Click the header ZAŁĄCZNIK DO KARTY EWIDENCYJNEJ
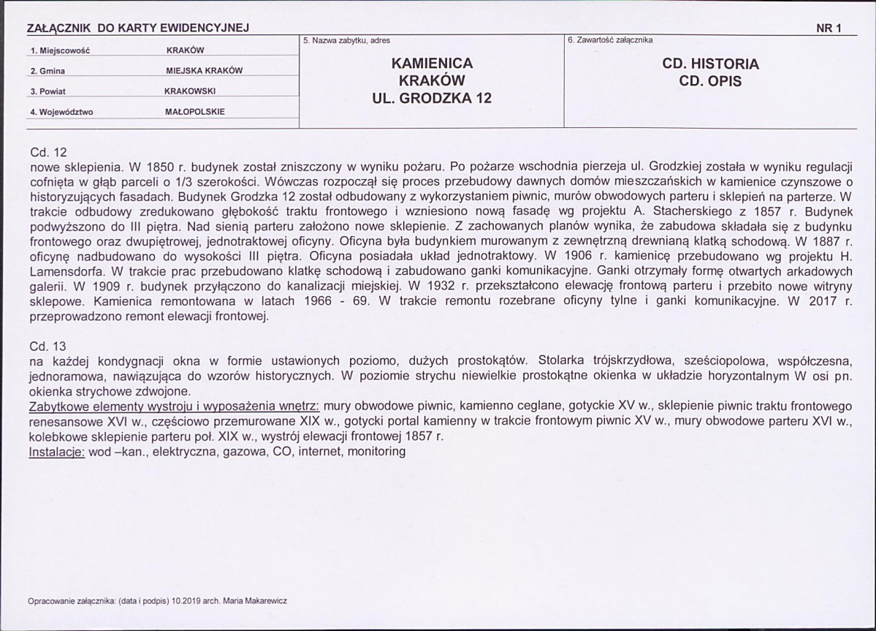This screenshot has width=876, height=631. [138, 29]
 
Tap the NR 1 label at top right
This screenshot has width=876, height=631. [829, 29]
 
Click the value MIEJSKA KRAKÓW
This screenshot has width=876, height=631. [205, 71]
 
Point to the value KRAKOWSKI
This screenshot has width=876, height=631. [195, 91]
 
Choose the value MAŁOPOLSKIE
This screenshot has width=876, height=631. [195, 112]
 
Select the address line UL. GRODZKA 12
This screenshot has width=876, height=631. [433, 98]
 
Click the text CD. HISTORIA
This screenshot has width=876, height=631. [710, 64]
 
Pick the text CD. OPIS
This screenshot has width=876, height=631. [710, 81]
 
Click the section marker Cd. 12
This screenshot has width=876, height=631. [48, 152]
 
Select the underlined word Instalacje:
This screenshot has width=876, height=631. [56, 451]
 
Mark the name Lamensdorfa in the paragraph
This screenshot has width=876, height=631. [61, 271]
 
